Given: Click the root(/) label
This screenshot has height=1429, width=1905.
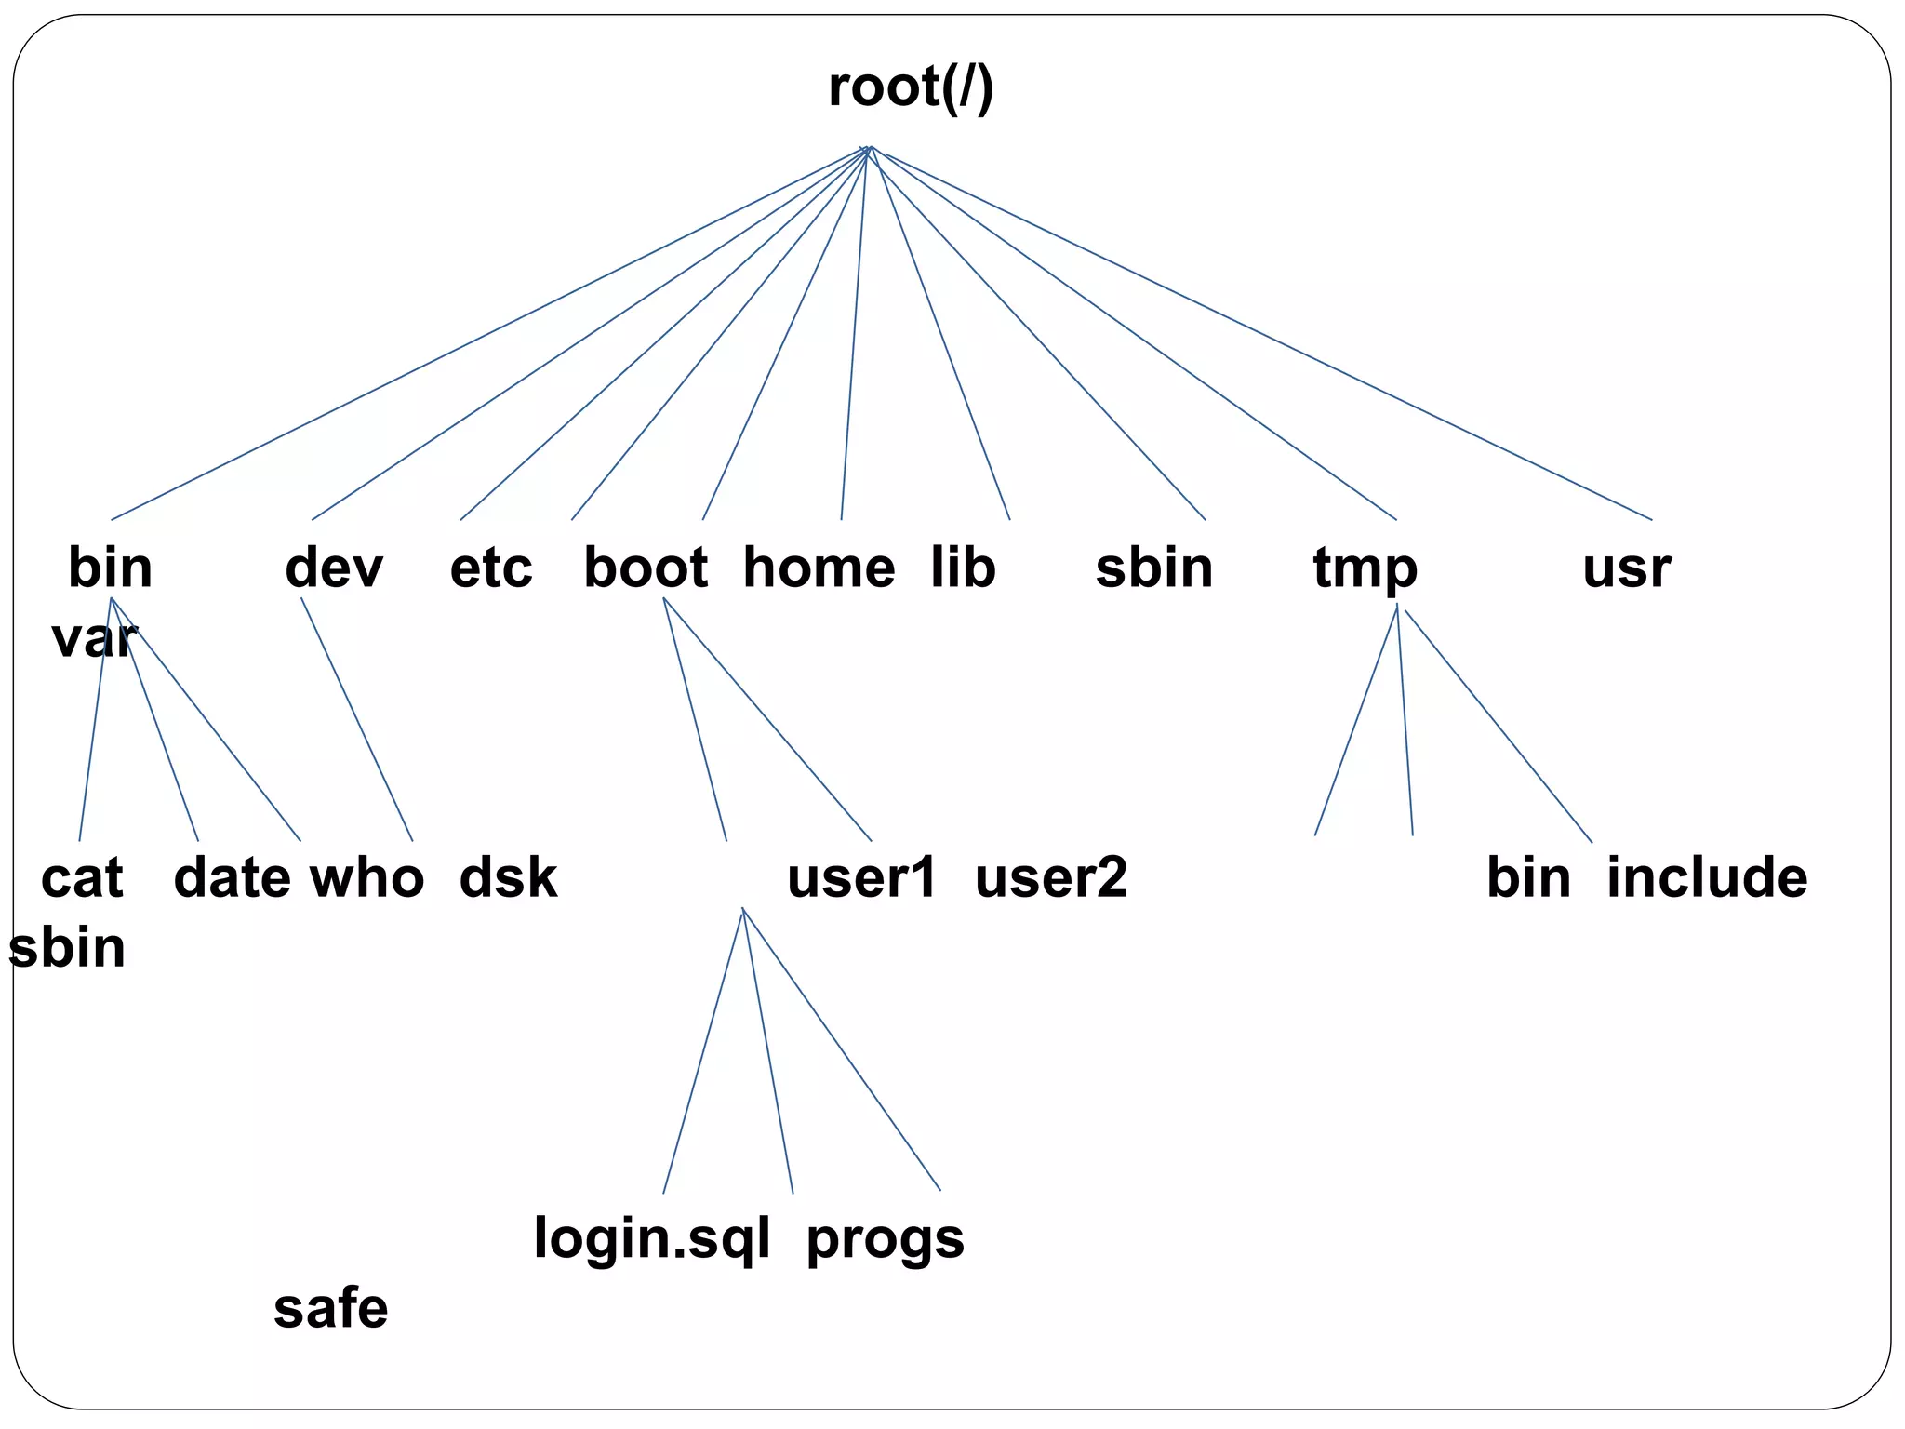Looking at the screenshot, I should click(911, 88).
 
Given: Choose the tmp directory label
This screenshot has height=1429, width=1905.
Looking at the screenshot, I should click(1365, 569).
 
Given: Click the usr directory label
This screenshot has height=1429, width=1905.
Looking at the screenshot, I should click(1626, 569).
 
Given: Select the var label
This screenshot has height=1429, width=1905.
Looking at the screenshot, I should click(93, 639).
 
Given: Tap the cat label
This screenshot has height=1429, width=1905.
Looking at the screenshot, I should click(82, 878).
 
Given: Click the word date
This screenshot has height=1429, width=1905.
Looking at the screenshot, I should click(232, 878).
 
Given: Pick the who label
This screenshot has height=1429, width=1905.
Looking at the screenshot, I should click(366, 878).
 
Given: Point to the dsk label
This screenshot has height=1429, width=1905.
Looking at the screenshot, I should click(508, 878).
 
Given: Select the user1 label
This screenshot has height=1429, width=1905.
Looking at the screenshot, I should click(861, 878).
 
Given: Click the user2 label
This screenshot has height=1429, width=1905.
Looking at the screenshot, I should click(1050, 878).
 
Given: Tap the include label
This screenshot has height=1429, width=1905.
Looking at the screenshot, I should click(1707, 878).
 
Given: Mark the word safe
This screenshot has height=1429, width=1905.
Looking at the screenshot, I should click(330, 1309).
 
